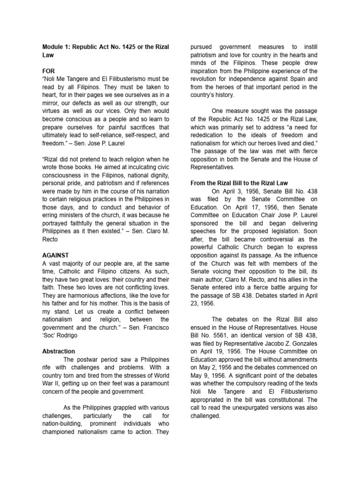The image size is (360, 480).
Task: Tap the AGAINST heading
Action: [55, 255]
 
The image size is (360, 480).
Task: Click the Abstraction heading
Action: [59, 351]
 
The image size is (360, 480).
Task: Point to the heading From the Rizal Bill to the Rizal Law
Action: [239, 183]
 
